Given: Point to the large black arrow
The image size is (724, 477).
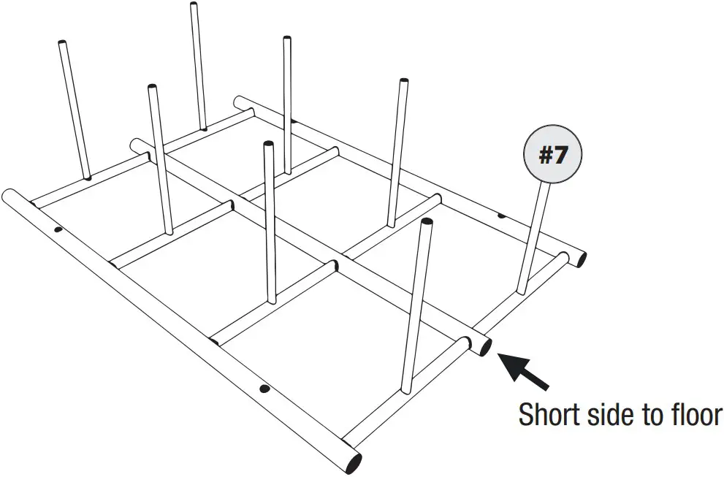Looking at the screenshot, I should (x=525, y=370).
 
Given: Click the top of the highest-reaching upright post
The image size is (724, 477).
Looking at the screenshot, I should (x=194, y=6).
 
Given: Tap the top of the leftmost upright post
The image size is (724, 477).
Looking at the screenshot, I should (x=61, y=45).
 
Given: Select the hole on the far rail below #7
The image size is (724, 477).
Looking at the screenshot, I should (x=501, y=215).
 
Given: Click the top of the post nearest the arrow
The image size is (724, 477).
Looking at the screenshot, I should (x=425, y=223).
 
